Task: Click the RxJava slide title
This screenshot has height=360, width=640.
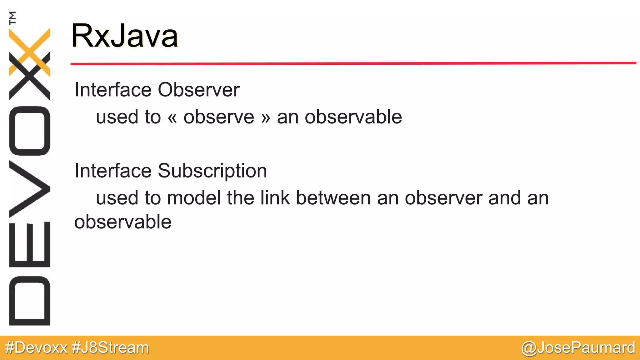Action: (124, 36)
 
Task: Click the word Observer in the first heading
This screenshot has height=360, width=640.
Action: (198, 90)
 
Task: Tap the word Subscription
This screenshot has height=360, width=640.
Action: (212, 171)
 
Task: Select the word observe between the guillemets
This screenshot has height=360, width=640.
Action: (219, 117)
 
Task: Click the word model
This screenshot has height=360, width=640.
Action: (194, 198)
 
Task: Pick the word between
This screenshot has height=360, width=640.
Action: (333, 198)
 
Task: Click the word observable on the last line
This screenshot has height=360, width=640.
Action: (123, 222)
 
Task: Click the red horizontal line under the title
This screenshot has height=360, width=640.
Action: (353, 63)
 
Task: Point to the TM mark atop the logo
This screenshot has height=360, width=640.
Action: (13, 18)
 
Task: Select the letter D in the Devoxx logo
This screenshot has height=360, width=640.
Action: (30, 301)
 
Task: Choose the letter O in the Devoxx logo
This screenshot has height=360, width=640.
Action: (30, 131)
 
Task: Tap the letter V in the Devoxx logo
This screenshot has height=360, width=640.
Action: (30, 189)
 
